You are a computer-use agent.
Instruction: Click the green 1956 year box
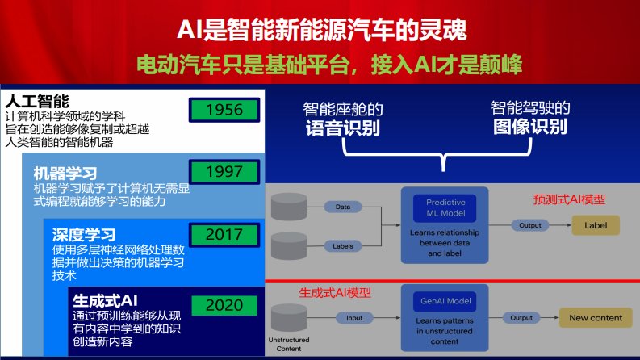click(224, 110)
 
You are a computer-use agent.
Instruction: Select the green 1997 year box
click(224, 171)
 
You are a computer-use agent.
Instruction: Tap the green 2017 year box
click(224, 235)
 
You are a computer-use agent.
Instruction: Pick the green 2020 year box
click(224, 305)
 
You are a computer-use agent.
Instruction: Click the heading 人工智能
click(37, 101)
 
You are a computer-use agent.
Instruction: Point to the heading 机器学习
click(65, 174)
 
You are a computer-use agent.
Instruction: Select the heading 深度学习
click(84, 235)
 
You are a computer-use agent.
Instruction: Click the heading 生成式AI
click(105, 301)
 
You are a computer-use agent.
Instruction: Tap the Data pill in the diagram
click(343, 207)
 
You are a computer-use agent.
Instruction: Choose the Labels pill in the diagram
click(343, 246)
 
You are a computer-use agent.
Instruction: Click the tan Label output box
click(596, 225)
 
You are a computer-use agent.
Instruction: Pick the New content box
click(596, 318)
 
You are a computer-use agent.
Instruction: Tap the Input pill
click(354, 318)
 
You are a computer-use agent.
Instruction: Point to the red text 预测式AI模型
click(569, 199)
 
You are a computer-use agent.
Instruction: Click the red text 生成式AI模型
click(335, 293)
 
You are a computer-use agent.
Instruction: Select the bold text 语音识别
click(343, 128)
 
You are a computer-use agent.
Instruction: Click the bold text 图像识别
click(529, 127)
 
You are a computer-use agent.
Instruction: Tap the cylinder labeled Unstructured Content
click(289, 317)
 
